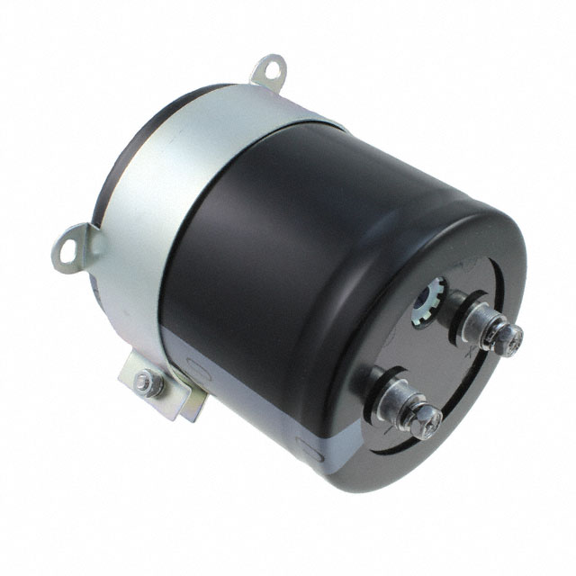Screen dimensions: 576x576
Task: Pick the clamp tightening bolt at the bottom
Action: click(x=145, y=382)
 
